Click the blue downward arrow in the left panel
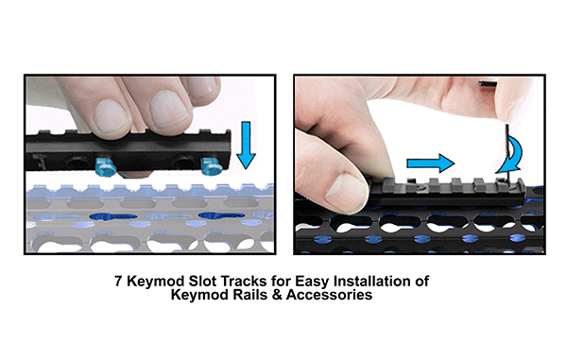tap(246, 145)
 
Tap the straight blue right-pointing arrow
tap(430, 163)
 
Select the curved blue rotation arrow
tap(511, 155)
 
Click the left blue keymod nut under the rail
tap(105, 166)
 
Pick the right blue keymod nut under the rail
tap(212, 166)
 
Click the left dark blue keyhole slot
tap(113, 217)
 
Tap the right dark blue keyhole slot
tap(222, 216)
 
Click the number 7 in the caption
tap(118, 282)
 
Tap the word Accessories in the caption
tap(330, 295)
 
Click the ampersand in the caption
tap(277, 295)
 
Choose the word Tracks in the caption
tap(245, 282)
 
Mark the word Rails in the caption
tap(250, 295)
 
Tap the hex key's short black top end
tap(488, 83)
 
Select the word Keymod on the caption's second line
tap(200, 296)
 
